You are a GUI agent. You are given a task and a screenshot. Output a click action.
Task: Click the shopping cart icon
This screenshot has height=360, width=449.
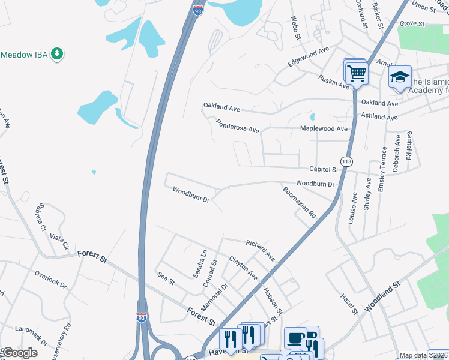tap(357, 74)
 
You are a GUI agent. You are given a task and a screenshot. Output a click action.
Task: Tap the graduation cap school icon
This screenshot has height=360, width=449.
tap(400, 78)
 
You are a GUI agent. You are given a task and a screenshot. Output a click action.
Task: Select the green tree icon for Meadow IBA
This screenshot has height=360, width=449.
tap(58, 55)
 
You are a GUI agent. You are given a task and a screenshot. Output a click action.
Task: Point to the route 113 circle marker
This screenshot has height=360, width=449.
tap(346, 161)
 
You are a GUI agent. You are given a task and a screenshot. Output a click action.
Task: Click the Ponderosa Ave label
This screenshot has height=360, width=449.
tap(238, 125)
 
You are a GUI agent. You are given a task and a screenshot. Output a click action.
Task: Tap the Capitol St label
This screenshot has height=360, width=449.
tap(324, 170)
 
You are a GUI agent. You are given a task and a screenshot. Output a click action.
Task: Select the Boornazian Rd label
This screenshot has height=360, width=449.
tap(300, 202)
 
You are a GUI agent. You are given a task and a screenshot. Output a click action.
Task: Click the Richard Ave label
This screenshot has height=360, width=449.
tap(261, 250)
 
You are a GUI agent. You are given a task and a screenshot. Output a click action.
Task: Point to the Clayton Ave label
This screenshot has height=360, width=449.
tap(243, 268)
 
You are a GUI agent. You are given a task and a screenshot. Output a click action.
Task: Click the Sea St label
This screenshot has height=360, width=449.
tap(166, 278)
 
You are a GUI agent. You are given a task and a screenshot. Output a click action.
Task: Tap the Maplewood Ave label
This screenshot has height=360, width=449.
tap(324, 129)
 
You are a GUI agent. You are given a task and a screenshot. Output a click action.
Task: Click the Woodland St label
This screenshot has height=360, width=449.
tap(381, 296)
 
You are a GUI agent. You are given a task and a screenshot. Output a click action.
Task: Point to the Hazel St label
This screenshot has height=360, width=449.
tap(349, 304)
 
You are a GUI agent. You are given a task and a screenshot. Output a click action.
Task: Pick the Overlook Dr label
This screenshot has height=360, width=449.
tap(50, 277)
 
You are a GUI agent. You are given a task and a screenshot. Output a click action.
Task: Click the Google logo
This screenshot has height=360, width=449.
tap(20, 353)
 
